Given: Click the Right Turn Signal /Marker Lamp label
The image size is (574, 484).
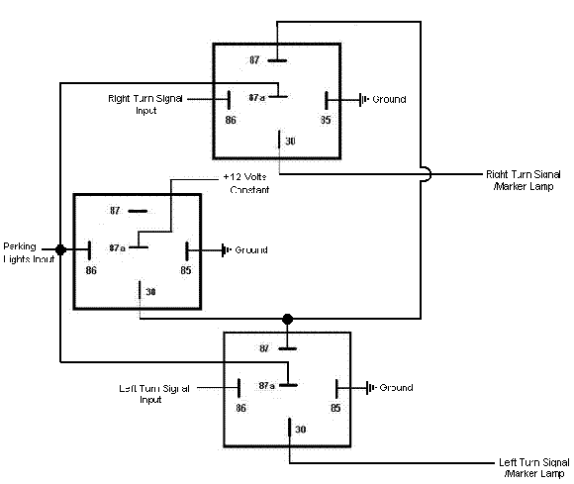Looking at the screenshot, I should pos(525,178).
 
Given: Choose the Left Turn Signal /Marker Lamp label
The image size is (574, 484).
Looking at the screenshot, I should pos(535,467).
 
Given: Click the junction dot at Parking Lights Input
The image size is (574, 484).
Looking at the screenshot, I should pos(61,249).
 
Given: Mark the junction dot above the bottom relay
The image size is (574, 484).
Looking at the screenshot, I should pos(288,319).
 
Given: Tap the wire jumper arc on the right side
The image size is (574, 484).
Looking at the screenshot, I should pos(425,174).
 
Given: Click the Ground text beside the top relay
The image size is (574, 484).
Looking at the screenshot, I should pos(389,100).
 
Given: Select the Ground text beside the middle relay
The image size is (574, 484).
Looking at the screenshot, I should pos(250,250).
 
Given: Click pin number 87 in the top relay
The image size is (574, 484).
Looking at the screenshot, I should pos(254,61).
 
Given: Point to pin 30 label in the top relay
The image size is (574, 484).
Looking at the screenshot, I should pos(290,142).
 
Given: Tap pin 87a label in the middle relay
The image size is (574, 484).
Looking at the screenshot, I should pos(117,247).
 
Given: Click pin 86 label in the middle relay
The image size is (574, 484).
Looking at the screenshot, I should pos(91,269).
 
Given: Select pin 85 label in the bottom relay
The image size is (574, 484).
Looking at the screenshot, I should pos(335,407).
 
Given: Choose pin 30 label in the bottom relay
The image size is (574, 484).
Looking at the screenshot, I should pos(301,429).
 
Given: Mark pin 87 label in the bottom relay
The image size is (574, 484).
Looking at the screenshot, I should pos(263,348).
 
